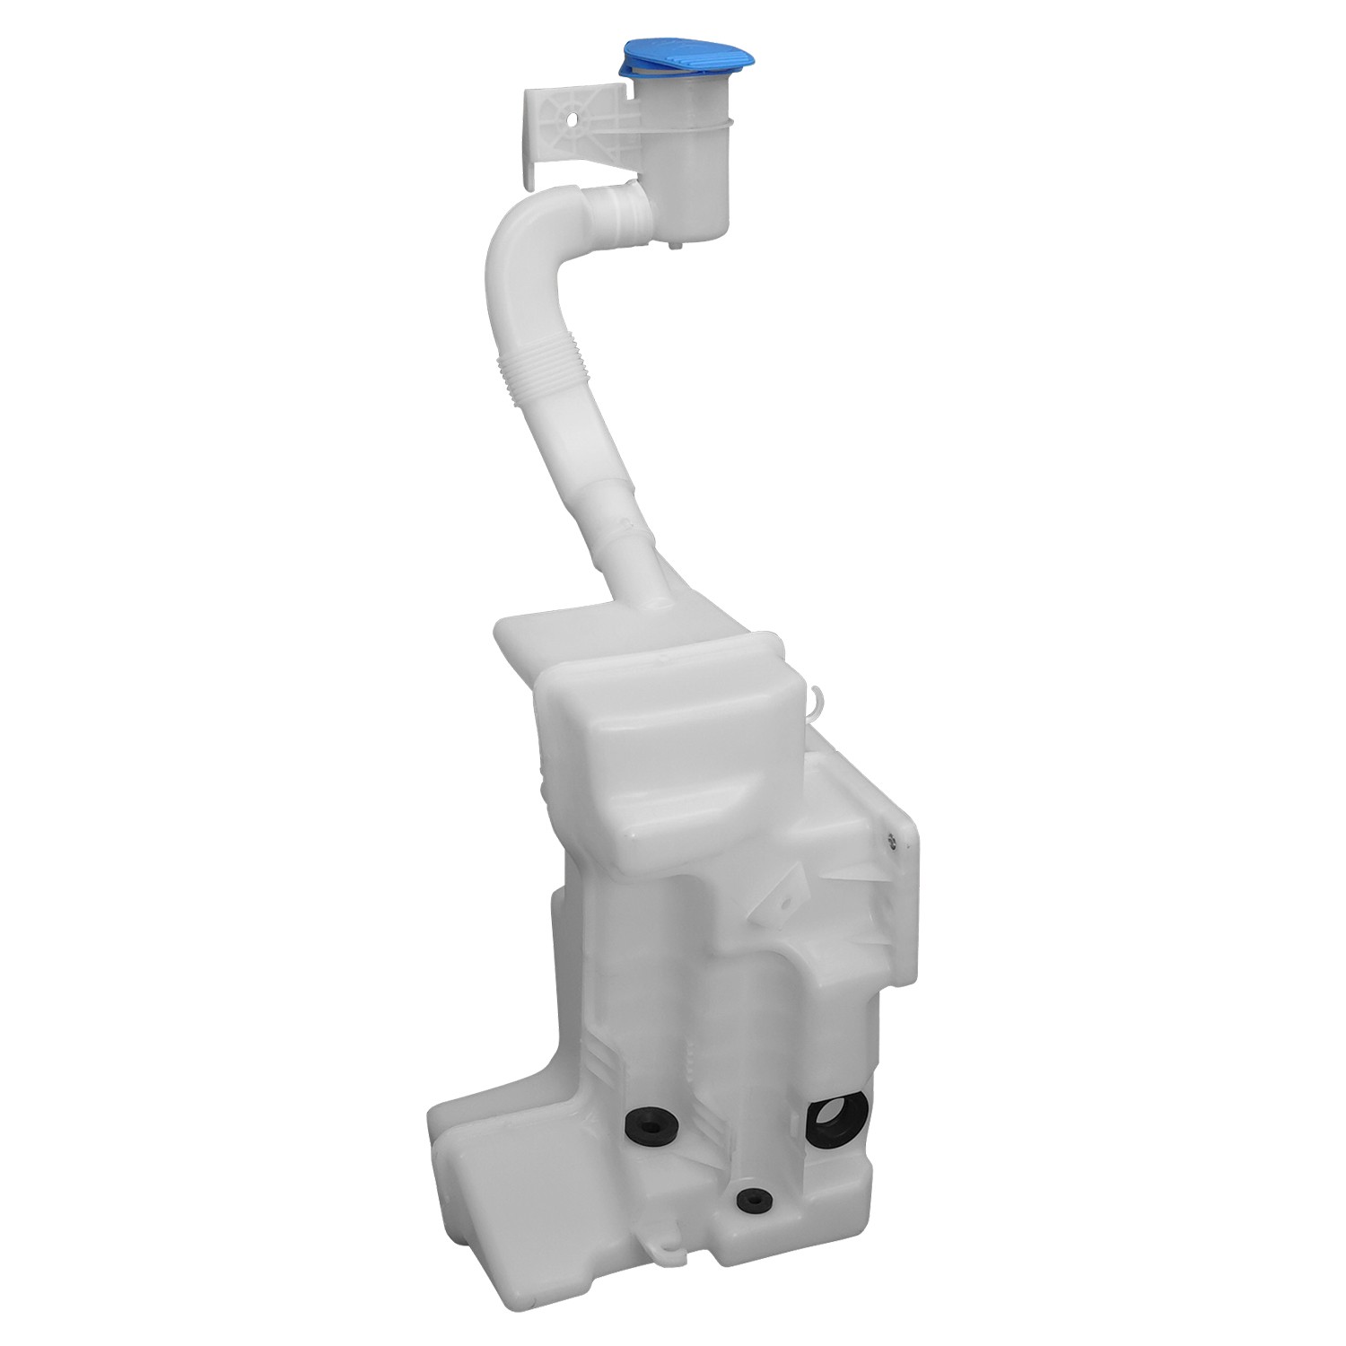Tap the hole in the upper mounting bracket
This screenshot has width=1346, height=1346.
click(572, 118)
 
